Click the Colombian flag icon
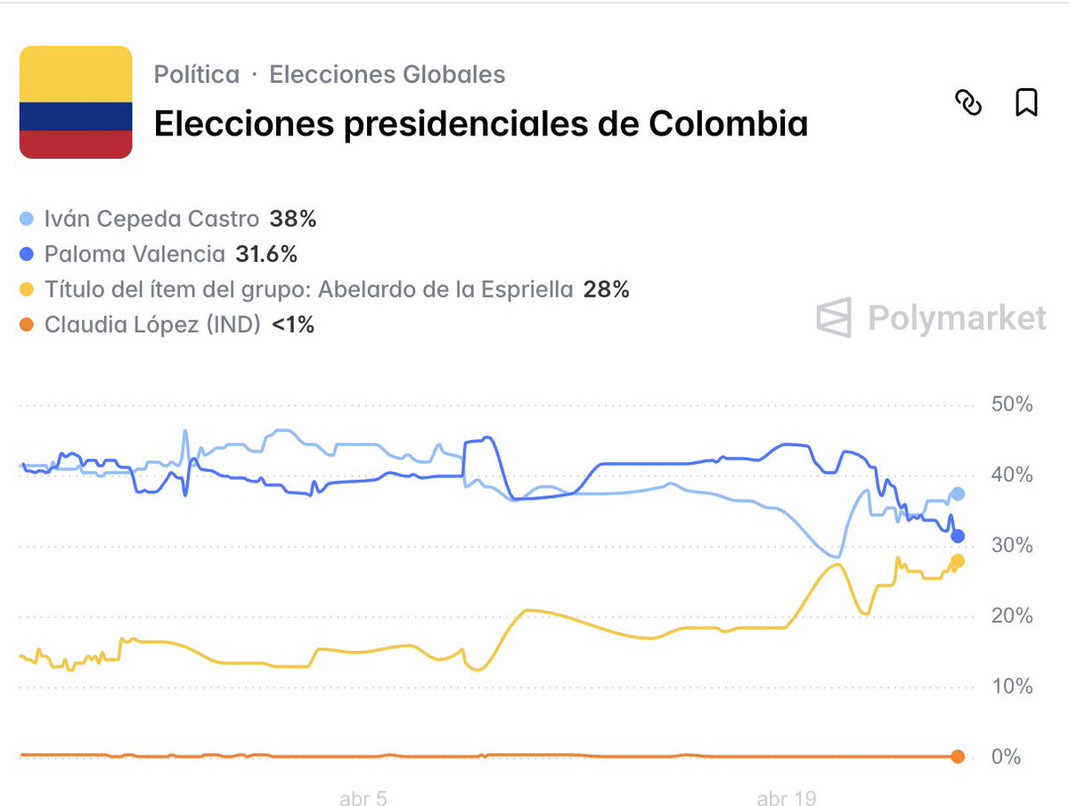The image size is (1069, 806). point(76,103)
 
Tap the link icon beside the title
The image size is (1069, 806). point(968,102)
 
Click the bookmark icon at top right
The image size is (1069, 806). point(1026,102)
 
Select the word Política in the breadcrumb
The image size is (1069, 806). point(197,75)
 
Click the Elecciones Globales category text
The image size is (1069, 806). point(387,75)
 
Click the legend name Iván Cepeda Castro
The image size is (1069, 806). point(151,219)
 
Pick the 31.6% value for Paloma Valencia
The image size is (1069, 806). point(266,255)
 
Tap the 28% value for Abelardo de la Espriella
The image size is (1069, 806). point(606,289)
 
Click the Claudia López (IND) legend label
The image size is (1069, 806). point(151,325)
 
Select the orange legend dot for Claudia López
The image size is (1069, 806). point(27,325)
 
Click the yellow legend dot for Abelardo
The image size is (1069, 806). point(27,289)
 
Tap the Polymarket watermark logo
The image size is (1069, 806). point(931,318)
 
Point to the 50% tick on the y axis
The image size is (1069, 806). point(1011,404)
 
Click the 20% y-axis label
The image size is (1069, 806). point(1011,616)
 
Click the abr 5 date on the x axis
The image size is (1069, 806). point(363,798)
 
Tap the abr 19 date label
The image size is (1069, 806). point(786,798)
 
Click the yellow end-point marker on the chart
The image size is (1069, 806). point(958,561)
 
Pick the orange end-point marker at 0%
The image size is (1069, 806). point(958,757)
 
